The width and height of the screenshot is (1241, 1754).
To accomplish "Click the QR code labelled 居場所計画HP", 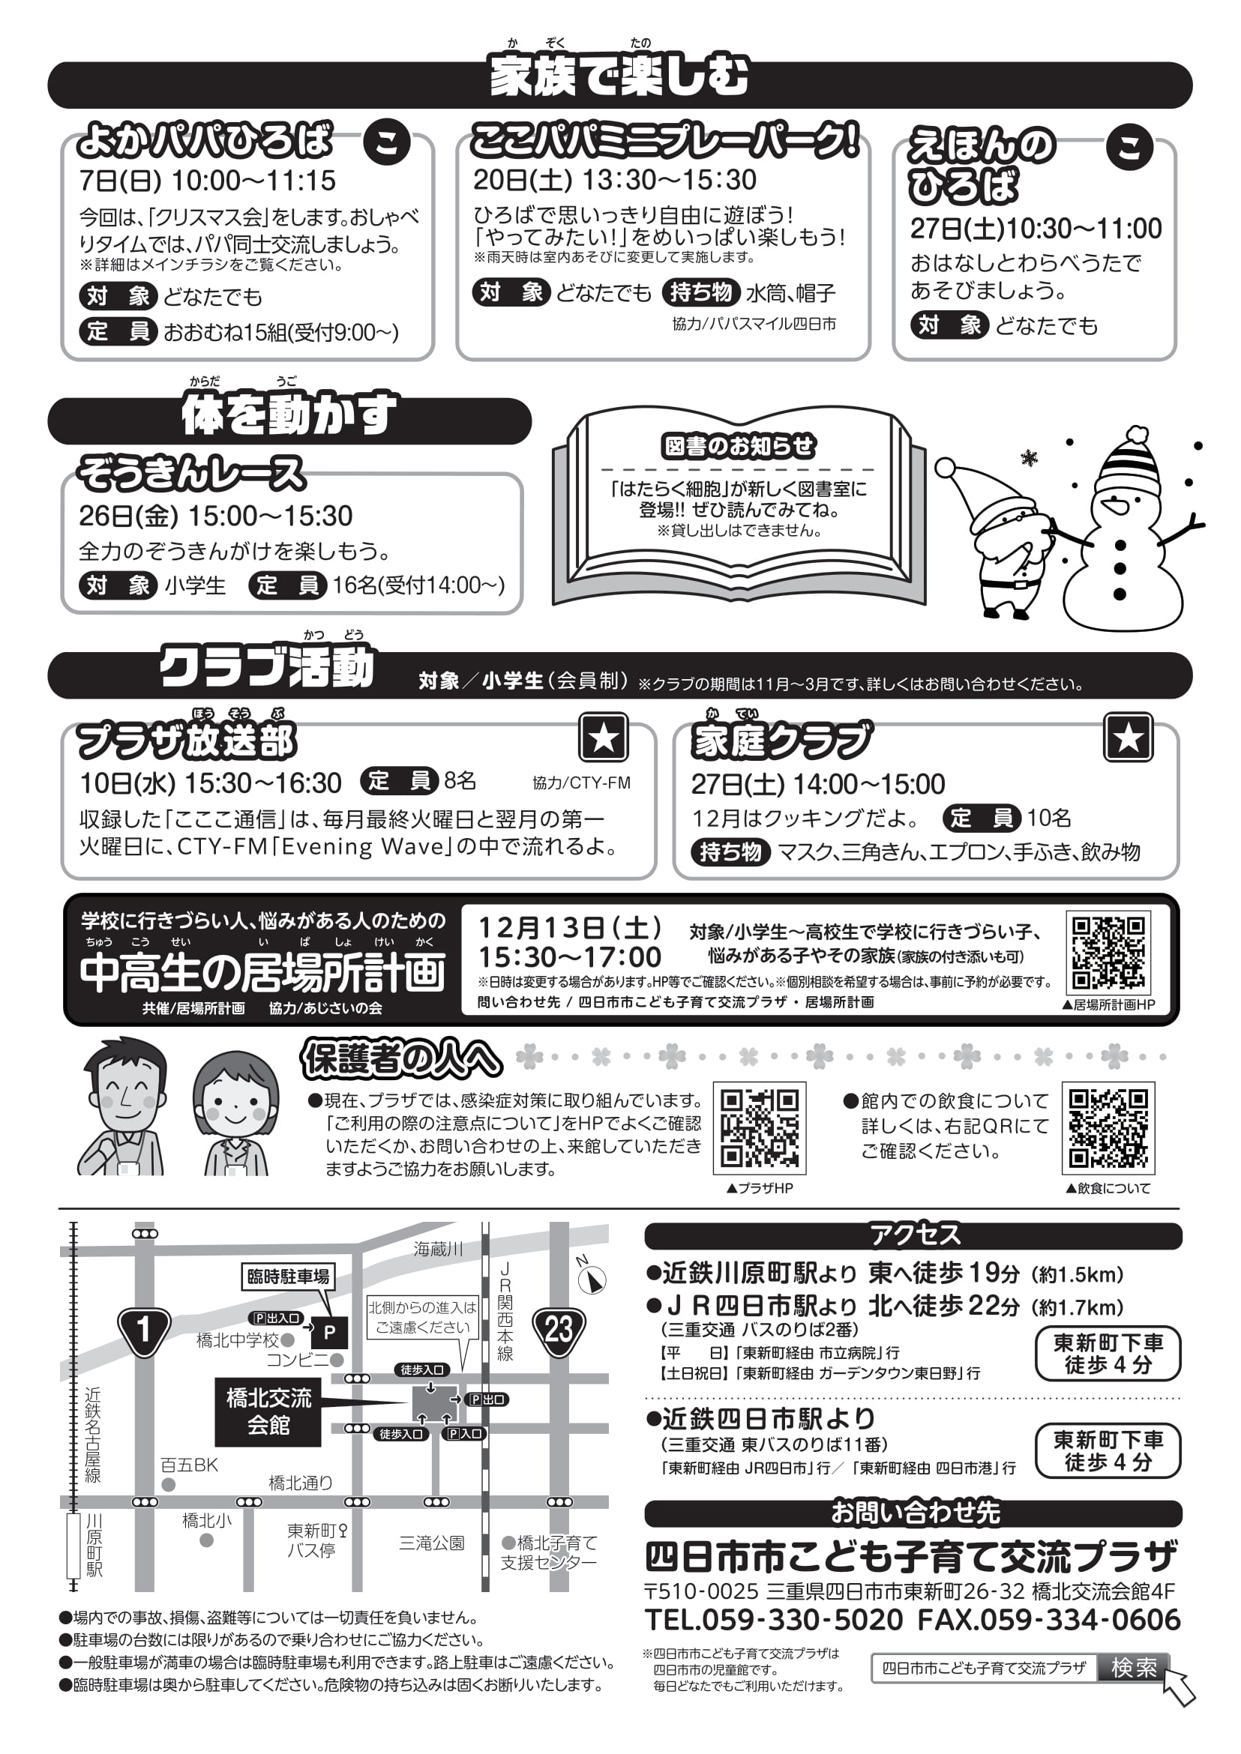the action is coord(1108,953).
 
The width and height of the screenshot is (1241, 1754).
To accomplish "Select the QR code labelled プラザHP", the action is coord(759,1127).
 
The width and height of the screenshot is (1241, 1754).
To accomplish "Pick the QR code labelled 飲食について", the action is coord(1108,1127).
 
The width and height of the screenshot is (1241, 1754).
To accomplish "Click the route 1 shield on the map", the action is coord(144,1330).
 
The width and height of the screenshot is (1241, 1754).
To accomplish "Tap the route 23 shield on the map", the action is coord(559,1330).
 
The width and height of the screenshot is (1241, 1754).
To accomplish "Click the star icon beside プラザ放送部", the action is coord(604,737).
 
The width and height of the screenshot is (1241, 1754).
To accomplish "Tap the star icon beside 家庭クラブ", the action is coord(1128,737).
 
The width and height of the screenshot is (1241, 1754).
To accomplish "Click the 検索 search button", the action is coord(1133,1668).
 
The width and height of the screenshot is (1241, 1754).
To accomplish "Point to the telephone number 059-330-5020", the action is coord(774,1620).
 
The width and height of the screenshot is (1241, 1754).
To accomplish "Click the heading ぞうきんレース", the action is coord(191,473).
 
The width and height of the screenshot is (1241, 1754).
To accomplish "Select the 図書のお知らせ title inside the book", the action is coord(738,446).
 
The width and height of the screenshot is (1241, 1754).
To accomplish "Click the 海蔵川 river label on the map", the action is coord(438,1249).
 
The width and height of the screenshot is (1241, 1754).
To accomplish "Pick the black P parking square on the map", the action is coord(330,1332).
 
